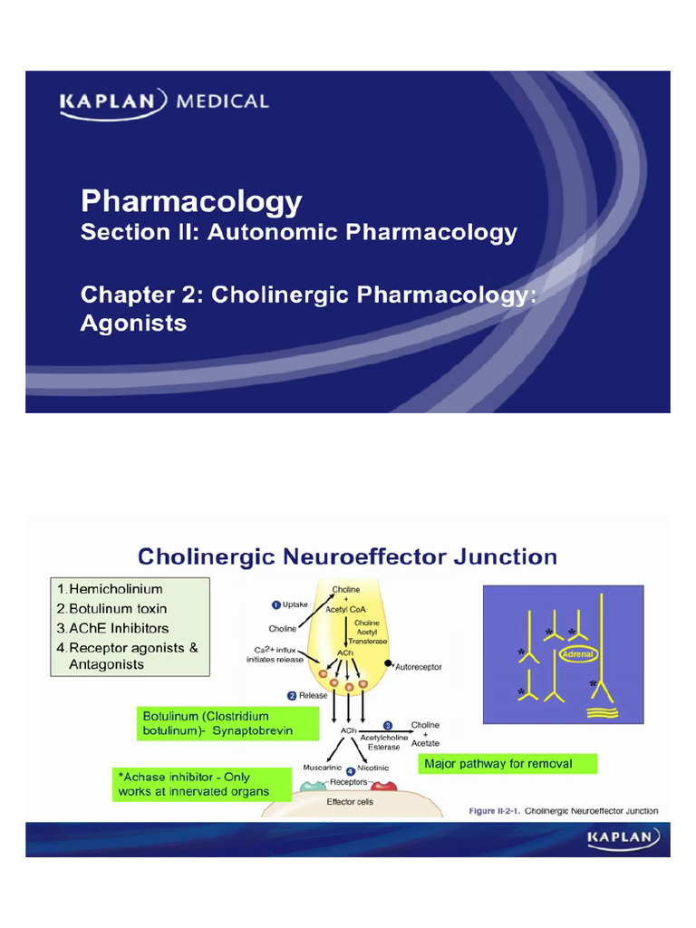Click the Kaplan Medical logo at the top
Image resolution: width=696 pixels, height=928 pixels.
164,101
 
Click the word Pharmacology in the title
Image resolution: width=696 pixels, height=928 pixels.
191,201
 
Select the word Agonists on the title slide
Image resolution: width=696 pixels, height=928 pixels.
133,322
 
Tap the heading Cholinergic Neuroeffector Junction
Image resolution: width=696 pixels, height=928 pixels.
346,556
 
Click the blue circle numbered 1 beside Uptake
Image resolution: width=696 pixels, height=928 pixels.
275,604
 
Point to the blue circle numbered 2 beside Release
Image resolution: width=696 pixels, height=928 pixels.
292,696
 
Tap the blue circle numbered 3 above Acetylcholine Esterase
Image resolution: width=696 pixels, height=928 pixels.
387,725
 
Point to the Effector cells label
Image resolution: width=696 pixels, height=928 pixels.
349,801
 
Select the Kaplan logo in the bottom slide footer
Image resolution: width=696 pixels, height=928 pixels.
623,838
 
